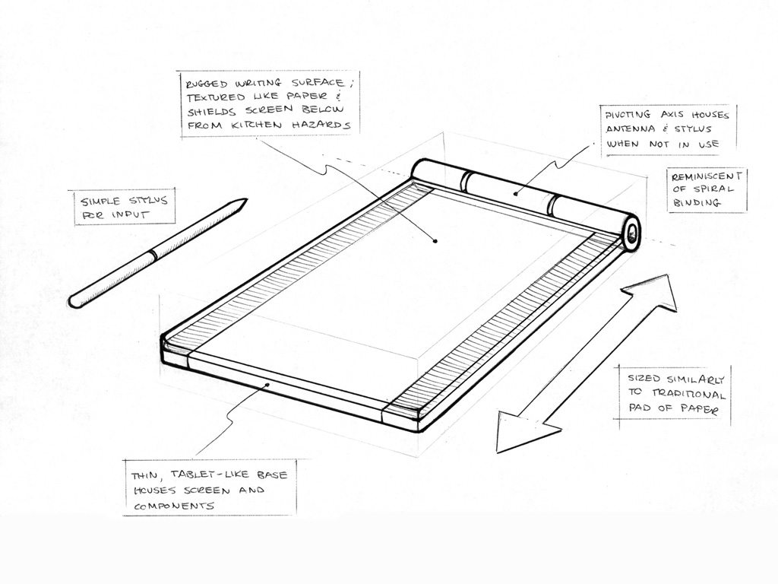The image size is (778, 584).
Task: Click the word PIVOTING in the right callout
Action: (x=631, y=115)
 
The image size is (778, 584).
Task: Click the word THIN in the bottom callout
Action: (x=144, y=475)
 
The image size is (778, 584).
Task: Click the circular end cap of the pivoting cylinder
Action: (x=631, y=230)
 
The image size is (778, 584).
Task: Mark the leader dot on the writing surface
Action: (x=435, y=241)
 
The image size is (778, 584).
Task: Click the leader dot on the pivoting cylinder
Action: (x=515, y=192)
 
